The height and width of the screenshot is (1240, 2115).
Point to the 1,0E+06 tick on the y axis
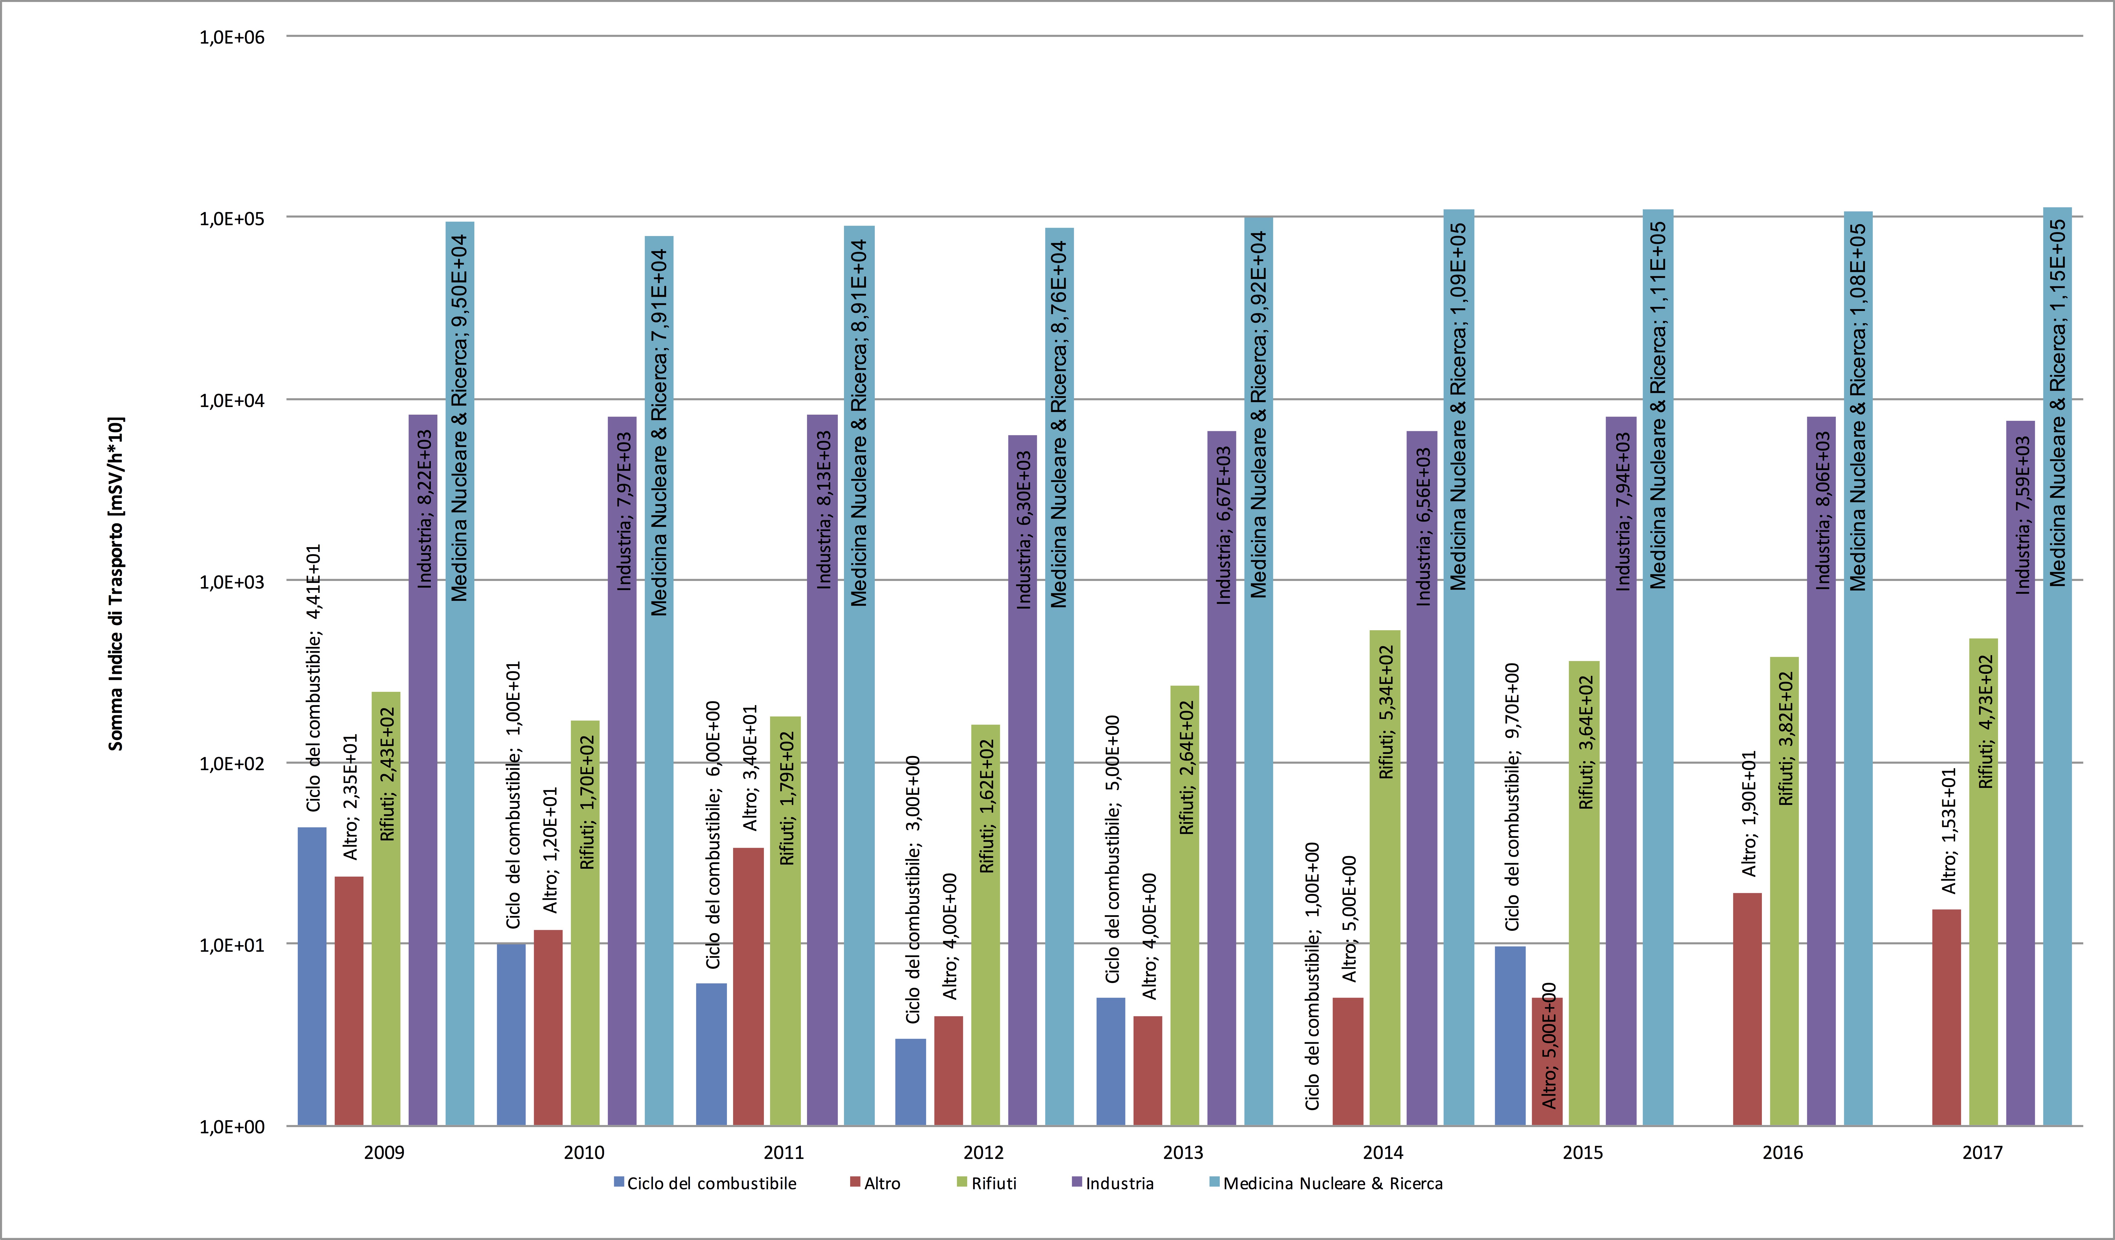(x=232, y=37)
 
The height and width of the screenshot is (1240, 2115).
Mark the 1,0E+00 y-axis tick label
(x=232, y=1127)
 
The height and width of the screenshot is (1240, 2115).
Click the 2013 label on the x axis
(x=1183, y=1153)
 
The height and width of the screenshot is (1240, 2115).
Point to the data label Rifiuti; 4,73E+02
(x=1986, y=722)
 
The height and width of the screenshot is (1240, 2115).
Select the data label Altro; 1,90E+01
(x=1749, y=814)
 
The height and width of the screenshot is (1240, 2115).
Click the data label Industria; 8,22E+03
(x=425, y=509)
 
